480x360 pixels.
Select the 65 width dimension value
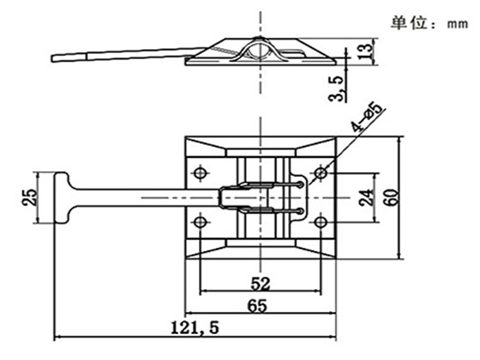pos(257,305)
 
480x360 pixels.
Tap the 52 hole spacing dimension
pos(259,283)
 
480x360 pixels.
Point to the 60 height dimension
pos(391,197)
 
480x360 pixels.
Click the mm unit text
pos(457,24)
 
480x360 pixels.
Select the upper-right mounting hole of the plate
pos(321,173)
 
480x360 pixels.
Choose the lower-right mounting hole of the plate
pos(321,223)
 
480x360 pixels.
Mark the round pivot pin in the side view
pos(259,48)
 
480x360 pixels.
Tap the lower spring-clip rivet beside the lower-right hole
pos(301,211)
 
